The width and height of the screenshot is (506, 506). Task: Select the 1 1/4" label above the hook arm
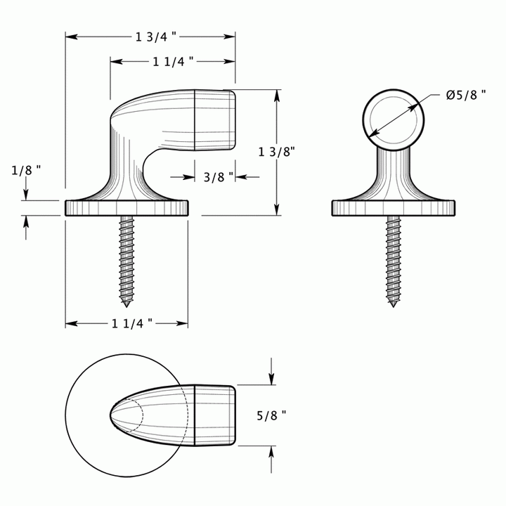(x=173, y=62)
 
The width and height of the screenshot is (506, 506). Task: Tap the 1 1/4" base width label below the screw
(x=131, y=323)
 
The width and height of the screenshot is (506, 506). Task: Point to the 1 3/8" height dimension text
(x=276, y=150)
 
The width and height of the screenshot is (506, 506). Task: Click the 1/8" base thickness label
(x=27, y=169)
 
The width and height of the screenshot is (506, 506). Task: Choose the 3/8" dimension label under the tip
(x=217, y=177)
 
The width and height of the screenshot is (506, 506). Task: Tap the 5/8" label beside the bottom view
(x=271, y=415)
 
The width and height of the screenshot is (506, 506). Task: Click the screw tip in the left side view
(x=126, y=304)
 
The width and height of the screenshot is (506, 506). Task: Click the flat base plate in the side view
(x=126, y=208)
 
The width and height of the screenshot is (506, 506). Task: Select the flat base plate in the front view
(x=394, y=208)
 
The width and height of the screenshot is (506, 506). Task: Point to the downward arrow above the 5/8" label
(x=271, y=371)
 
